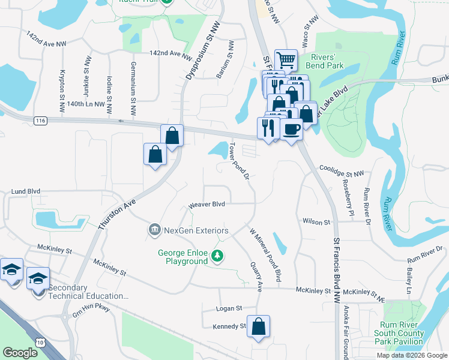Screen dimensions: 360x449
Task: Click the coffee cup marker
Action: click(292, 129)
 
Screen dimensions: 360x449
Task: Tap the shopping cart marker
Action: click(286, 59)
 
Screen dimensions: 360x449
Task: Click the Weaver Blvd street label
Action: click(206, 205)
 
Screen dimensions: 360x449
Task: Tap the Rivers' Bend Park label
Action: click(326, 61)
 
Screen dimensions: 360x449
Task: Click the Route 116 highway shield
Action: click(41, 121)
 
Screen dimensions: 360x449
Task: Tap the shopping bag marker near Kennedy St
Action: click(258, 326)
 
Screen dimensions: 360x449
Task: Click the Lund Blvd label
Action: click(25, 191)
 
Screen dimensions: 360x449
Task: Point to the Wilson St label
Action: click(316, 222)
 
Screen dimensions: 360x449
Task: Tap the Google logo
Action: click(20, 353)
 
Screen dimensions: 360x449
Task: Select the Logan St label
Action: click(229, 308)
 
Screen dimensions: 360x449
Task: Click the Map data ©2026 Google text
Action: click(411, 355)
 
